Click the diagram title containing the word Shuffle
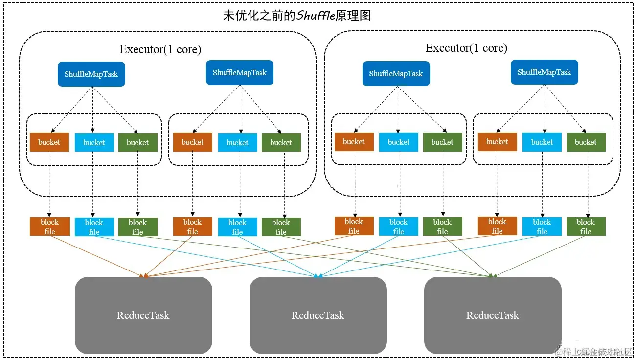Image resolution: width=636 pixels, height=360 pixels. [297, 16]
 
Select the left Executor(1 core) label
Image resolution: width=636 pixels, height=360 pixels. [160, 49]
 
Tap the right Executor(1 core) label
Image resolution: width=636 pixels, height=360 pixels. [466, 48]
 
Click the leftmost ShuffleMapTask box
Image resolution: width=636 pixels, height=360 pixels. [91, 74]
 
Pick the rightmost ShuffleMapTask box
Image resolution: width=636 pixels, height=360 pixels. [544, 72]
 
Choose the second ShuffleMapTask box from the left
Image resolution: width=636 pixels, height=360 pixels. [239, 73]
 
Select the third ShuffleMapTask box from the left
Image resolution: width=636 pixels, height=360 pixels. [396, 74]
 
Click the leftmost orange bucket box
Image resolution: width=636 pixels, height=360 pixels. [49, 142]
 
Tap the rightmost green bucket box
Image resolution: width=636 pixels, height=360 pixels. [586, 142]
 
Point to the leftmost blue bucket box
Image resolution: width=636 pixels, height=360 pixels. [93, 143]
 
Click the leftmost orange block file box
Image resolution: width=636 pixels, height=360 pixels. [49, 226]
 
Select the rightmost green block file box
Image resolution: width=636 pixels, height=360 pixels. [586, 226]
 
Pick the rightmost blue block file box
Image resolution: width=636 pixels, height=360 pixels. [542, 226]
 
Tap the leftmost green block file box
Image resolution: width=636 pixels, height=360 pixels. [137, 227]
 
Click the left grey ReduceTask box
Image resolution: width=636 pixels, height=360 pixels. [143, 315]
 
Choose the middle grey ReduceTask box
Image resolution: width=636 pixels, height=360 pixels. [318, 315]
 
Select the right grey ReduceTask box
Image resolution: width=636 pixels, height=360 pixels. [492, 315]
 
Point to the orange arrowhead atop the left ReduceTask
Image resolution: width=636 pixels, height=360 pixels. [144, 276]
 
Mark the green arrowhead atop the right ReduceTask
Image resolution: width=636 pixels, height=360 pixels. [493, 276]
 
